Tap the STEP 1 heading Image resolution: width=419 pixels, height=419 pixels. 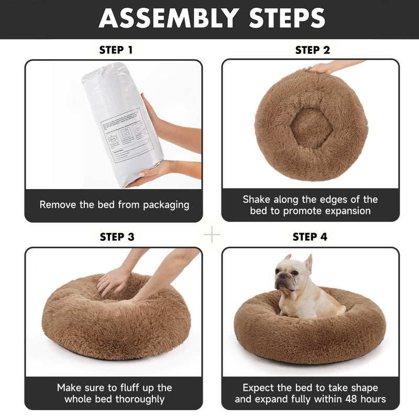click(x=116, y=50)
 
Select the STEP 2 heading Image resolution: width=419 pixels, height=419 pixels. click(x=313, y=50)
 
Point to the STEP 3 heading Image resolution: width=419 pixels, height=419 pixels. click(x=117, y=237)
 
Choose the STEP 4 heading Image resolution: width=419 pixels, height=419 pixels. click(x=310, y=237)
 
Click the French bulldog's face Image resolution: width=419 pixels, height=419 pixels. click(x=285, y=278)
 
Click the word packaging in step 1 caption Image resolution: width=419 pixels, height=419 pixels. click(x=161, y=205)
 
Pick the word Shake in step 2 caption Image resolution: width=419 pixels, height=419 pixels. click(x=257, y=200)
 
